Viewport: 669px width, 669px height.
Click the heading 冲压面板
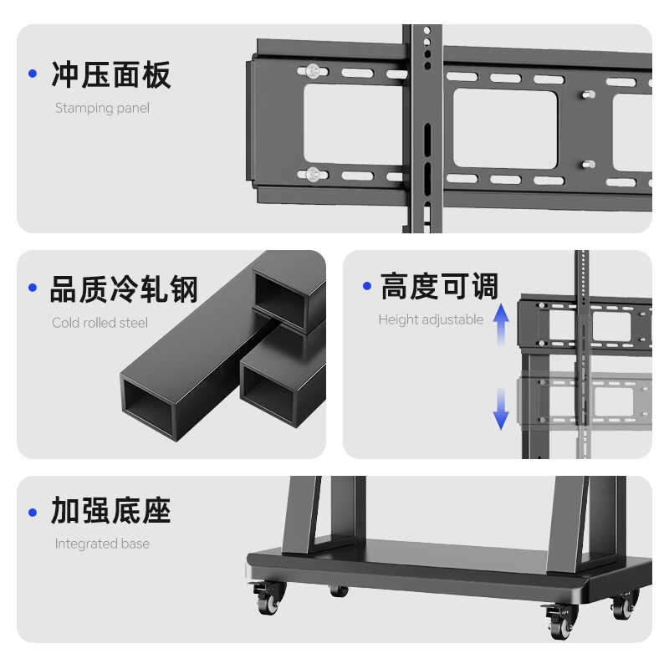click(x=110, y=74)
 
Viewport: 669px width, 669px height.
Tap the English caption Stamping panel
click(x=102, y=108)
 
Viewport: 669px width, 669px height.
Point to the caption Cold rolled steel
click(x=100, y=323)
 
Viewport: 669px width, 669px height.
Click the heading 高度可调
click(x=439, y=286)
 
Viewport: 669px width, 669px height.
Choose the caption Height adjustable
click(x=431, y=319)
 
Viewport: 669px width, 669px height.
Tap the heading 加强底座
click(x=110, y=510)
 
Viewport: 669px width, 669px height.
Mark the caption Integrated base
click(x=102, y=544)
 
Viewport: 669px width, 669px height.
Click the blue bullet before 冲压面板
click(x=33, y=74)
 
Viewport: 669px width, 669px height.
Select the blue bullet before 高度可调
click(x=366, y=286)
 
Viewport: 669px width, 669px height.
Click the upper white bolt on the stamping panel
click(x=313, y=71)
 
